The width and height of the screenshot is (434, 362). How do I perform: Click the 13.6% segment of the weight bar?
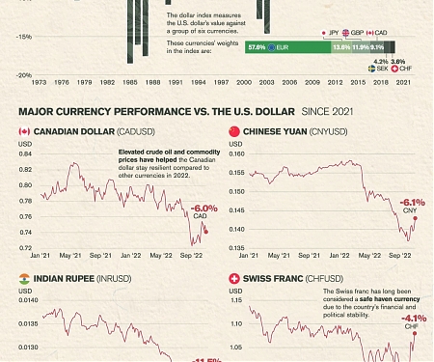click(x=340, y=46)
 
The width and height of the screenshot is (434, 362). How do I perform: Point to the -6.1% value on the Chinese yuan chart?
click(x=412, y=201)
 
